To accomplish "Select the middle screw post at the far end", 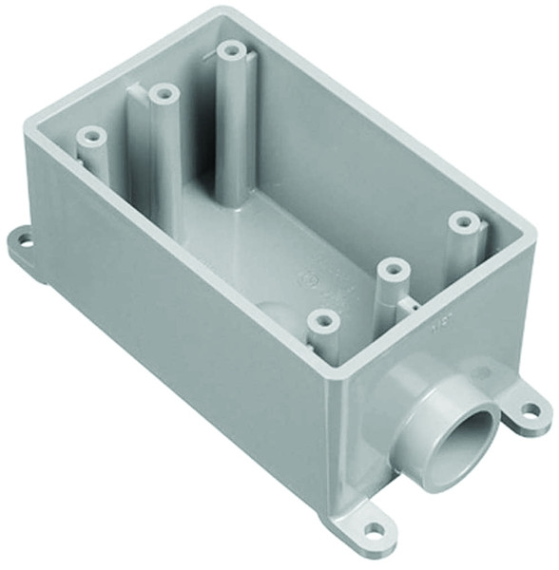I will click(x=164, y=94).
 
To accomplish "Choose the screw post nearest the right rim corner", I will click(x=463, y=222).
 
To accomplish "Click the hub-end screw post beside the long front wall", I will click(x=323, y=321).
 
